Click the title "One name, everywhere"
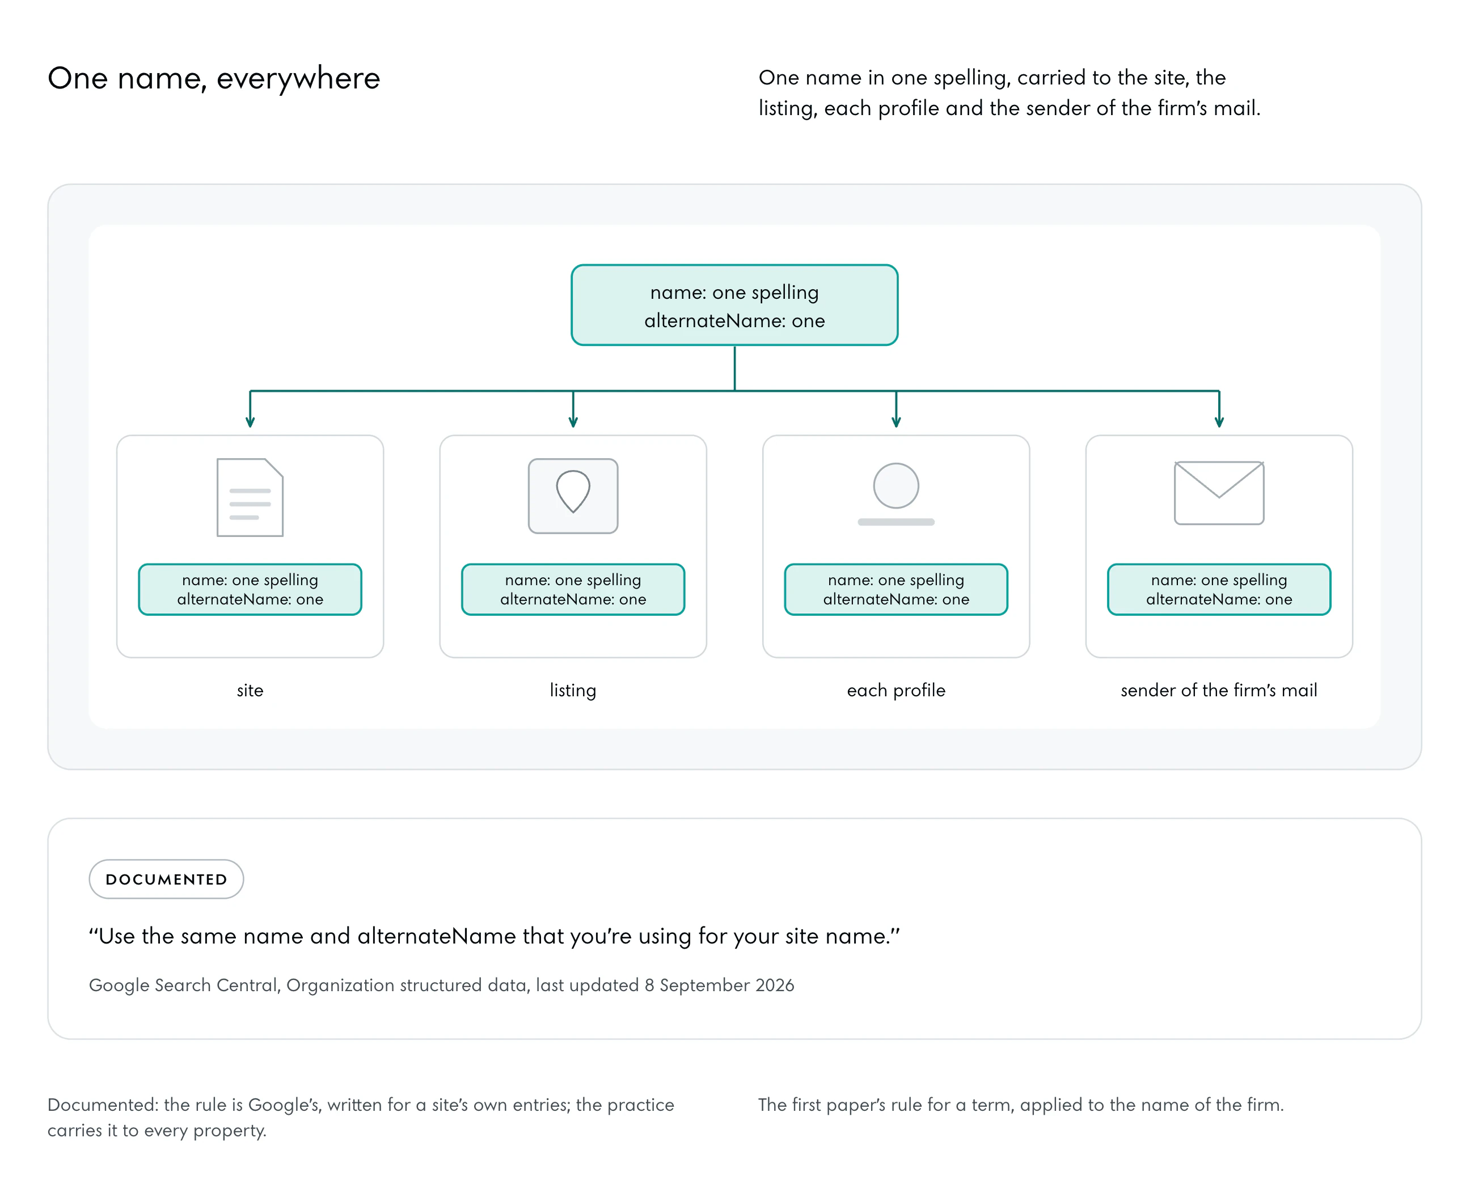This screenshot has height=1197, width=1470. point(214,78)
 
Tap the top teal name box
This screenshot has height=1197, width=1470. point(734,304)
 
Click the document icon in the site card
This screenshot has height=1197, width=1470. point(250,497)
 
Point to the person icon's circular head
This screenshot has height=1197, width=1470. point(895,485)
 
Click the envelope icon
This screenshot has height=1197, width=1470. point(1219,493)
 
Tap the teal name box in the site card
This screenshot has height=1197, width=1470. point(250,590)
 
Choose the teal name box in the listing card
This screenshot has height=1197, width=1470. point(573,590)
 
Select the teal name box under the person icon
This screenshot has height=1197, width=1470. point(895,590)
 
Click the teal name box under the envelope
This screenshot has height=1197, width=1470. point(1219,590)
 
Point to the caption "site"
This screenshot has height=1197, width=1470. point(250,690)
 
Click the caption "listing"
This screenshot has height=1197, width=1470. point(573,690)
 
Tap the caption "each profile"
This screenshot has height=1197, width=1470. point(895,690)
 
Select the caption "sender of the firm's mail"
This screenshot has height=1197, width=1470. point(1219,690)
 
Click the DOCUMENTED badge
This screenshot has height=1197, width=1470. point(166,879)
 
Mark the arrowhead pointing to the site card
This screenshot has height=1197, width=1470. point(250,422)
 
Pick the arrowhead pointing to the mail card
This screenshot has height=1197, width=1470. point(1219,422)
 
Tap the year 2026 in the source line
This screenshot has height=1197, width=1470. point(775,984)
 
